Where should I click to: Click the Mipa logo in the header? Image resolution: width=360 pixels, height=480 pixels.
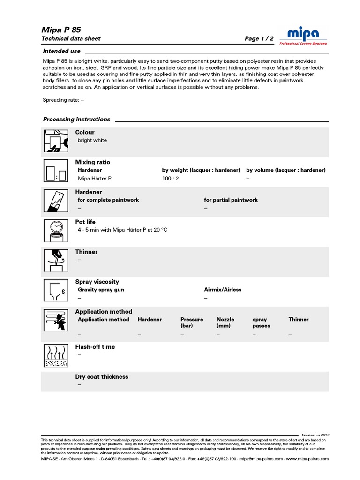coord(303,35)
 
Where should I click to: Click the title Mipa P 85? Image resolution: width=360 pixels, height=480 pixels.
coord(61,30)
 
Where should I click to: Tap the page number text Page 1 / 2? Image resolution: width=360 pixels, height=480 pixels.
coord(259,39)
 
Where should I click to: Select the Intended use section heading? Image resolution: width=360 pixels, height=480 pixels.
coord(61,51)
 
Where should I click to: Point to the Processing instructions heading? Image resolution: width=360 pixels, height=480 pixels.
coord(76,120)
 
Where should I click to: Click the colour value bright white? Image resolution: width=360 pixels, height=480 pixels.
coord(92,140)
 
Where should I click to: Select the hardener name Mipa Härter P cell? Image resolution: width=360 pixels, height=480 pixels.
coord(95,179)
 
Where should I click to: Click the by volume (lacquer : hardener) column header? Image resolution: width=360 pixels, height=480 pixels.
coord(286,170)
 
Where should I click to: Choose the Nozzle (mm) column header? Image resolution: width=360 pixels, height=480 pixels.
coord(225,322)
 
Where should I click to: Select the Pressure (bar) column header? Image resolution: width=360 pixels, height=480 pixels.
coord(192,322)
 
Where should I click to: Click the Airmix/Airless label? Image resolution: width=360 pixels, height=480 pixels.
coord(223,290)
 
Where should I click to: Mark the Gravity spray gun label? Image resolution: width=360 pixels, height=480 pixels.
coord(101,290)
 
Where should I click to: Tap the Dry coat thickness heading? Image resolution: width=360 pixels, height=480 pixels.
coord(102,377)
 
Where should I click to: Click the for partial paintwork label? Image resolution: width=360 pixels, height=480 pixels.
coord(231,200)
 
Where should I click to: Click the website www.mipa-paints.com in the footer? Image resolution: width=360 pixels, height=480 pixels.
coord(307,459)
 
